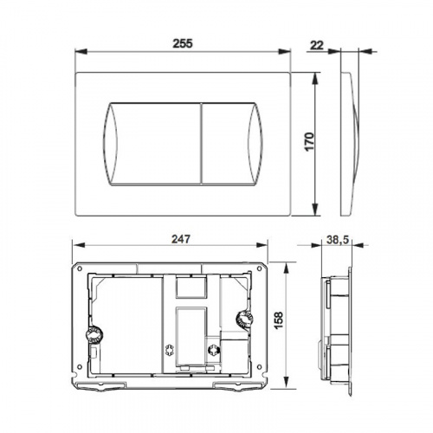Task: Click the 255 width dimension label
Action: pyautogui.click(x=183, y=43)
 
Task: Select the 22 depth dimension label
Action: pyautogui.click(x=317, y=45)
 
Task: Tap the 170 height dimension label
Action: pyautogui.click(x=309, y=142)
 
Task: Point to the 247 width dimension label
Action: pyautogui.click(x=181, y=239)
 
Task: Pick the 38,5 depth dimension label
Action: pyautogui.click(x=338, y=239)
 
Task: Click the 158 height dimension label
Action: pyautogui.click(x=279, y=320)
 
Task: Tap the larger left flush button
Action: pyautogui.click(x=152, y=144)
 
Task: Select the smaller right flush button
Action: pyautogui.click(x=232, y=144)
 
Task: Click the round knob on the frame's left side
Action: pyautogui.click(x=94, y=335)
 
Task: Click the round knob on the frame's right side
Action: pyautogui.click(x=244, y=319)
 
